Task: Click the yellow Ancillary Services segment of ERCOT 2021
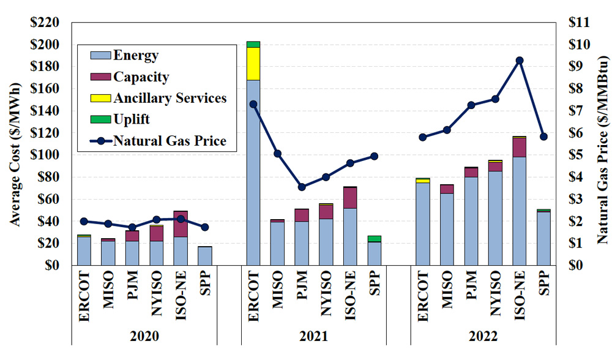click(253, 64)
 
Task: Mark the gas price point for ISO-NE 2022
click(520, 61)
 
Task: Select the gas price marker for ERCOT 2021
click(253, 104)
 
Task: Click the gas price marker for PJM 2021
click(300, 187)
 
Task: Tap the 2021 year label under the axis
click(313, 337)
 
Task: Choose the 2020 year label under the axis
click(144, 337)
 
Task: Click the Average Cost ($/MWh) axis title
click(17, 143)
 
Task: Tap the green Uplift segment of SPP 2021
click(373, 238)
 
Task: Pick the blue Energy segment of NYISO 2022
click(496, 218)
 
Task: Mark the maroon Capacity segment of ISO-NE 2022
click(520, 148)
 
